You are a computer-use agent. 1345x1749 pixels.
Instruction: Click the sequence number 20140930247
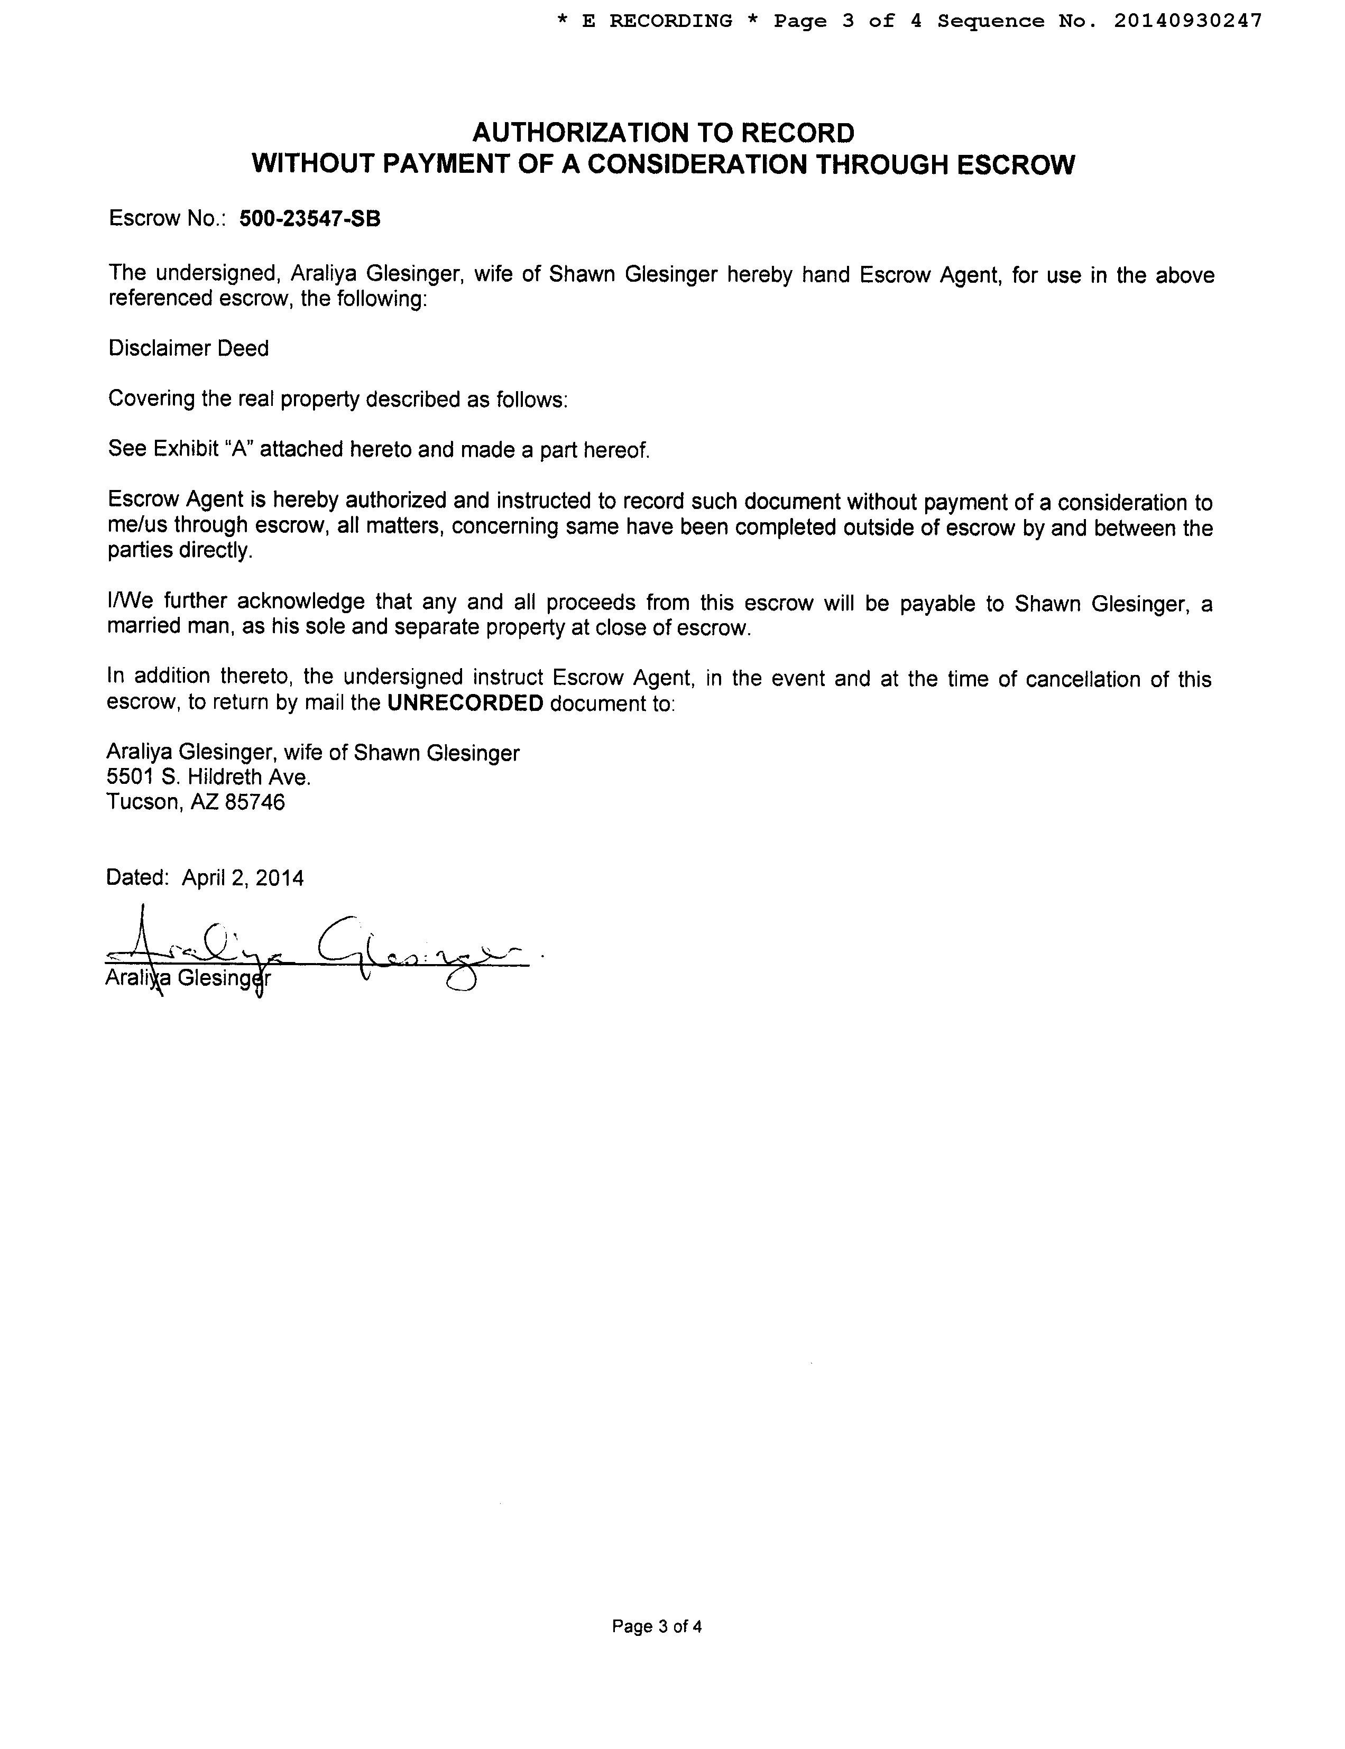(1187, 21)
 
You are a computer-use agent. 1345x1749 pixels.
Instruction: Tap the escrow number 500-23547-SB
(310, 219)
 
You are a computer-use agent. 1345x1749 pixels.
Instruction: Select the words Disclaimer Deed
(188, 348)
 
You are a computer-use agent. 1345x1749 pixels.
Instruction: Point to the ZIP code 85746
(255, 802)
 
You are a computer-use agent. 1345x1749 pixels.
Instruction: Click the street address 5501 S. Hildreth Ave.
(208, 777)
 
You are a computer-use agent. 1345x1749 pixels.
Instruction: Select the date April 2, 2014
(243, 878)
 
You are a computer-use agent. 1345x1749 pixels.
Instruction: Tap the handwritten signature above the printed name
(320, 949)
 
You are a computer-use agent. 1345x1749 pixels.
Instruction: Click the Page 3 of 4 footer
(657, 1626)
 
